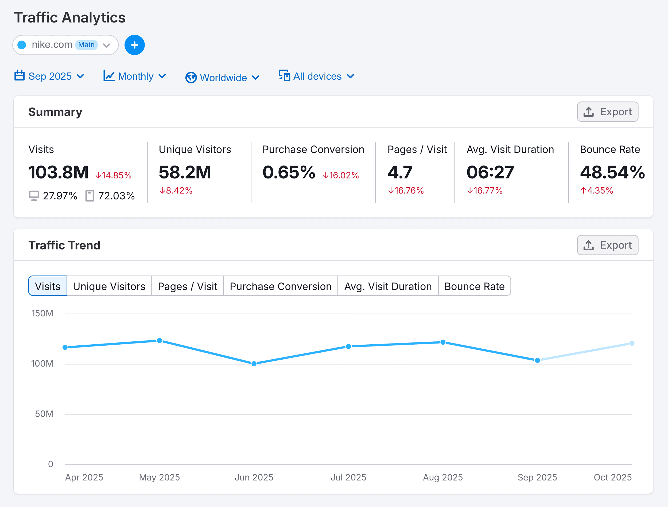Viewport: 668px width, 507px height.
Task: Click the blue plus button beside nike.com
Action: (x=134, y=45)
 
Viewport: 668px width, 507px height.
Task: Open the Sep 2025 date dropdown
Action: (x=49, y=76)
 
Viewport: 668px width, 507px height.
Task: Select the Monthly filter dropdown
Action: (x=135, y=76)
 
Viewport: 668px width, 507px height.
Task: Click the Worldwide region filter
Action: (x=223, y=77)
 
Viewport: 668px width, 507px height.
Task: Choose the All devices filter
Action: (x=316, y=76)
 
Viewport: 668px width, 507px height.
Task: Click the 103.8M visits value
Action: (x=58, y=172)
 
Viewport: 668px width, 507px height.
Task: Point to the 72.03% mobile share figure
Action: (x=116, y=196)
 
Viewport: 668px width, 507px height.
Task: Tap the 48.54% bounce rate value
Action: (x=612, y=172)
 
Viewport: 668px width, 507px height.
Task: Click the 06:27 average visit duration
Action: (x=490, y=172)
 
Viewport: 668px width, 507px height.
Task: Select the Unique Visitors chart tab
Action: (x=109, y=286)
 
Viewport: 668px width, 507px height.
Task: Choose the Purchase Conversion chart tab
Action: (x=280, y=286)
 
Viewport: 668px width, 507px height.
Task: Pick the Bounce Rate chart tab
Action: (x=474, y=286)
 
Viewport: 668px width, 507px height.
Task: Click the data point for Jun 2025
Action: (x=254, y=363)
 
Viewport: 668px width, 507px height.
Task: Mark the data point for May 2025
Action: (x=160, y=341)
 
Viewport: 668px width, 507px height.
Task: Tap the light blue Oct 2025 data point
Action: (x=631, y=343)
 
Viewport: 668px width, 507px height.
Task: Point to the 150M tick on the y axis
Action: (x=42, y=313)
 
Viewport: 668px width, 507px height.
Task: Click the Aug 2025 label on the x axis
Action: (x=442, y=477)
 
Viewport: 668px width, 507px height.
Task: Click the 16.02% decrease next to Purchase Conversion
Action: (x=341, y=175)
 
